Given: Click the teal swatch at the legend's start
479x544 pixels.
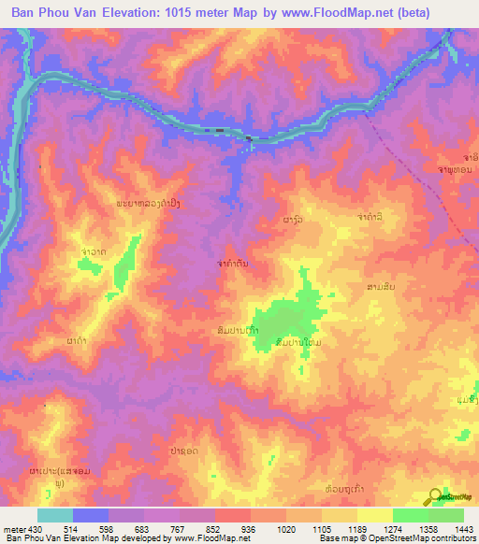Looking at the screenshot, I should (x=54, y=515).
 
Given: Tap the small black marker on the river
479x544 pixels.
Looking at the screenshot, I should (x=249, y=139).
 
